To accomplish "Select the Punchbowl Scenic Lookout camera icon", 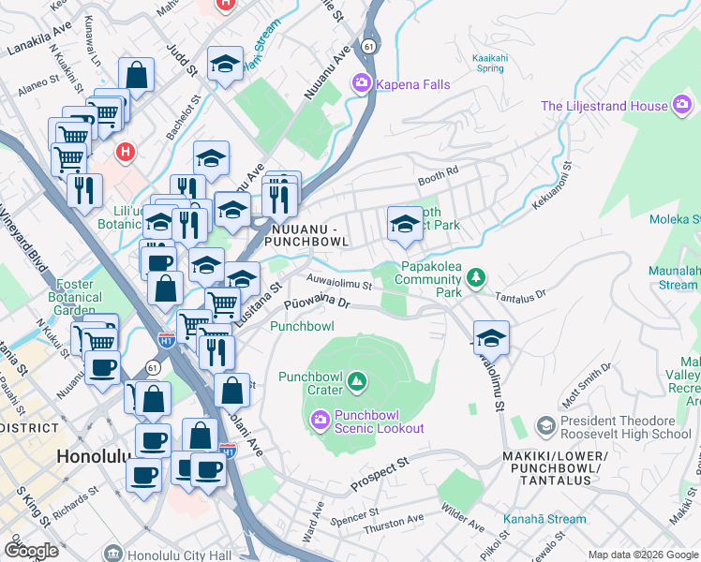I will pyautogui.click(x=320, y=419).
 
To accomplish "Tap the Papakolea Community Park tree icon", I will pyautogui.click(x=477, y=277).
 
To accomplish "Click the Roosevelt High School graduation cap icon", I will pyautogui.click(x=544, y=426).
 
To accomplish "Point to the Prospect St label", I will pyautogui.click(x=380, y=475).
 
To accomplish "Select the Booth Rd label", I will pyautogui.click(x=438, y=172).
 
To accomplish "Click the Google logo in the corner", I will pyautogui.click(x=31, y=551).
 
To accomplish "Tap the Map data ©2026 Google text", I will pyautogui.click(x=642, y=555).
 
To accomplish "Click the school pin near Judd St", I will pyautogui.click(x=225, y=66).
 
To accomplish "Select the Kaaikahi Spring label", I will pyautogui.click(x=488, y=62).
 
